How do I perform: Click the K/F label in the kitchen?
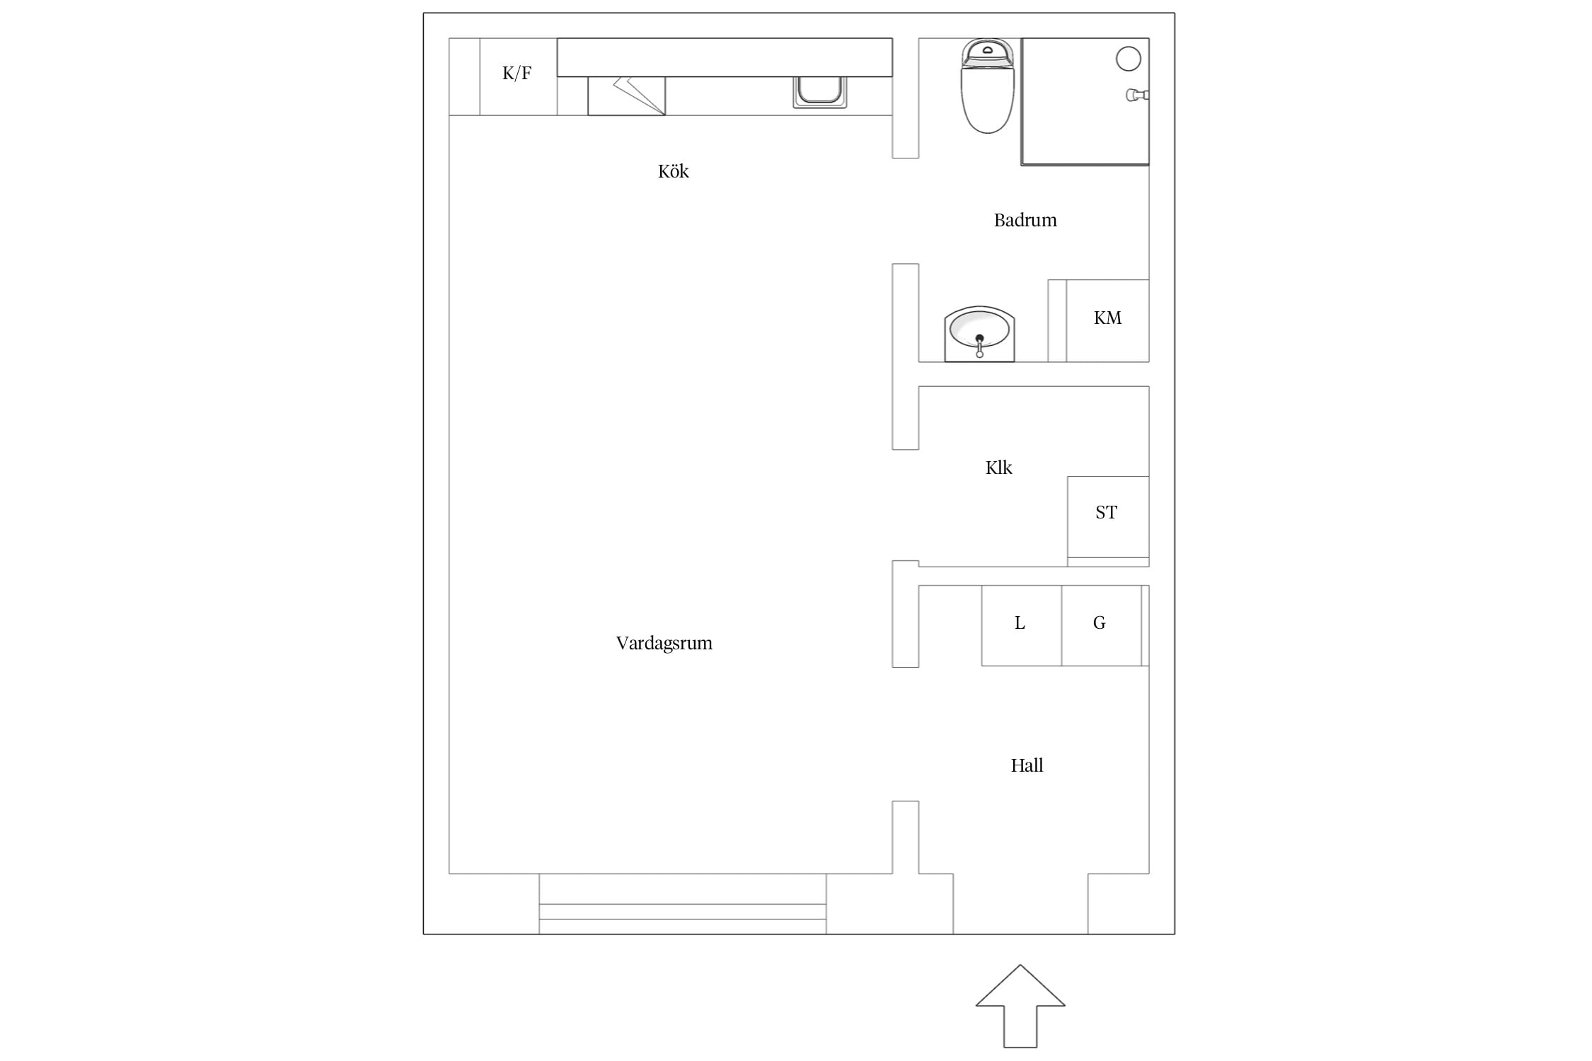[x=517, y=73]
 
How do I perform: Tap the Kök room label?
[x=673, y=171]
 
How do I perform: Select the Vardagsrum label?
[x=664, y=644]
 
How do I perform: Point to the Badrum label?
[x=1025, y=220]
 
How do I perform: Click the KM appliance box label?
[x=1107, y=318]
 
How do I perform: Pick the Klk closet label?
[x=998, y=468]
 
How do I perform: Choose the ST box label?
[x=1106, y=512]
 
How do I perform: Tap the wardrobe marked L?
[x=1021, y=625]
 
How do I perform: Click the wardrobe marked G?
[x=1101, y=625]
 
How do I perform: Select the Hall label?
[x=1027, y=765]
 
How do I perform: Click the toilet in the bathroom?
[x=987, y=86]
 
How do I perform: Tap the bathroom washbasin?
[x=979, y=334]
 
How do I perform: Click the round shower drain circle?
[x=1128, y=59]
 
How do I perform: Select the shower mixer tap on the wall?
[x=1137, y=95]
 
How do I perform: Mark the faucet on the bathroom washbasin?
[x=979, y=346]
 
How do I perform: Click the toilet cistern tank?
[x=988, y=52]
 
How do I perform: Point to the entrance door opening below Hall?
[x=1020, y=904]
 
